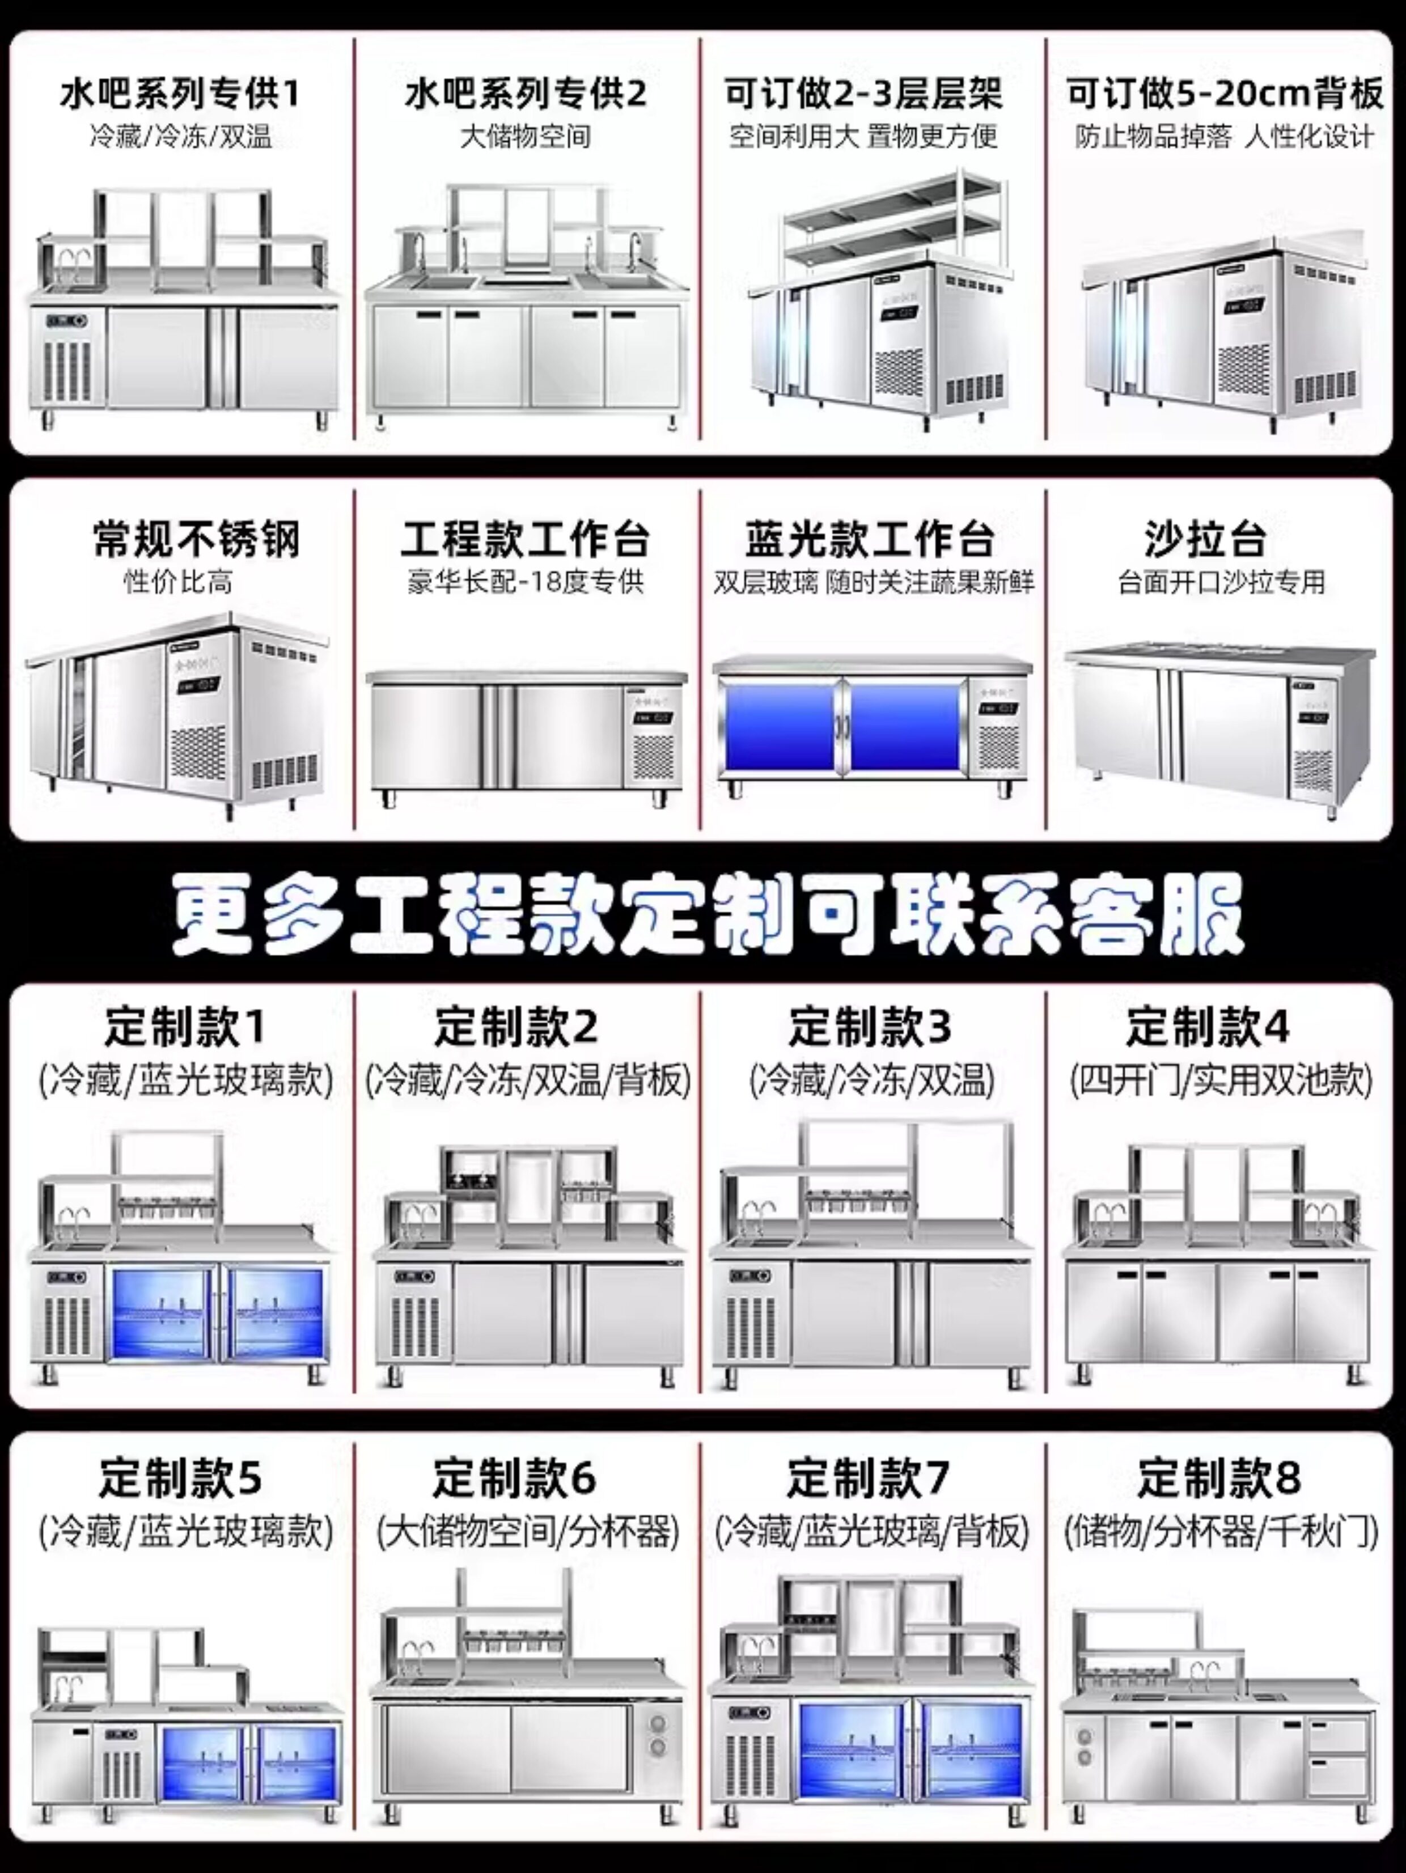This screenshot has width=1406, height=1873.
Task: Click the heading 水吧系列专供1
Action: click(180, 93)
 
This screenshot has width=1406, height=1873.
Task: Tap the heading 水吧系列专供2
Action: click(525, 93)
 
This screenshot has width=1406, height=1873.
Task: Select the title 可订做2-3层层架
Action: click(863, 93)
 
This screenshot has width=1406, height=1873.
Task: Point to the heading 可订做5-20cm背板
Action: click(1224, 93)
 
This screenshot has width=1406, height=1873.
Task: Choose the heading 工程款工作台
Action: click(525, 539)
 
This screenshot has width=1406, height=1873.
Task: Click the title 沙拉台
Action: click(1204, 539)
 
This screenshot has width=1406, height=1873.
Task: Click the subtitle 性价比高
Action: click(178, 583)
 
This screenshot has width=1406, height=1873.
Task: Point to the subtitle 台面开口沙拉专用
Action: click(1221, 583)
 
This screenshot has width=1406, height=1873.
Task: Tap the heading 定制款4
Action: click(1207, 1027)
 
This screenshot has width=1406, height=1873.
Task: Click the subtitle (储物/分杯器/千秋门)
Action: click(1221, 1531)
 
